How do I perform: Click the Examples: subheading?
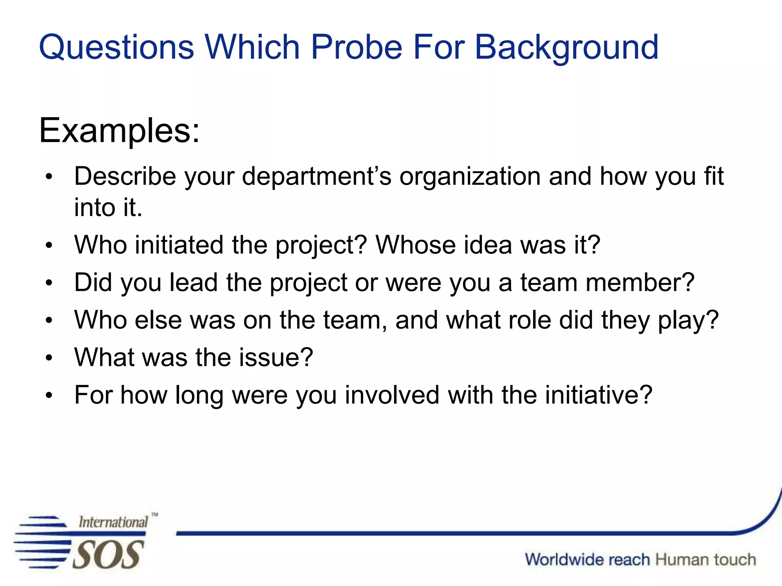click(x=119, y=131)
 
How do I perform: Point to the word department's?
click(x=317, y=177)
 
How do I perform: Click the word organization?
click(x=470, y=177)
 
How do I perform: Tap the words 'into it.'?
click(x=108, y=208)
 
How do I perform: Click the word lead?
click(x=194, y=283)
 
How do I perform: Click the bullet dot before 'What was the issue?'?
click(x=48, y=358)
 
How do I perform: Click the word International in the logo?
click(x=113, y=522)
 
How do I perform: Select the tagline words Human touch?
click(x=706, y=560)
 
